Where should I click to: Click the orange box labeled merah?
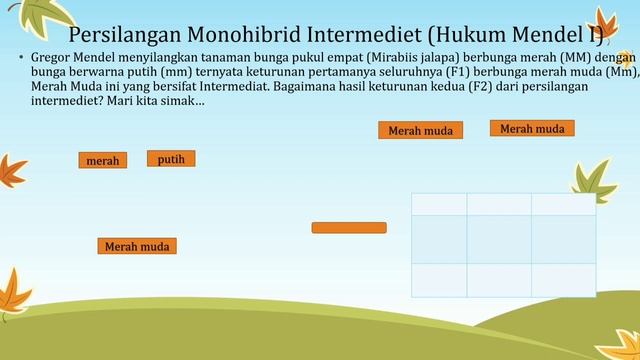tap(103, 160)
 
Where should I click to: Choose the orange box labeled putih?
tap(171, 158)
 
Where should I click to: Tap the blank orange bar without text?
tap(349, 228)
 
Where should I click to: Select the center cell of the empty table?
tap(499, 238)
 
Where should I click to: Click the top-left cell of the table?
tap(439, 203)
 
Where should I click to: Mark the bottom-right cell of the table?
tap(563, 279)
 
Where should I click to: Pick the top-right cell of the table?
tap(563, 203)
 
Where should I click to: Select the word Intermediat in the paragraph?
tap(149, 87)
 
